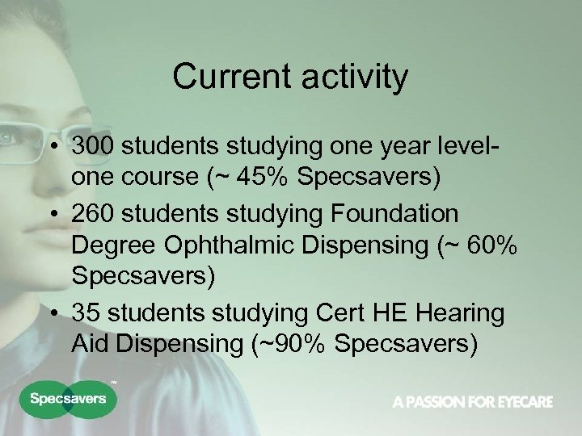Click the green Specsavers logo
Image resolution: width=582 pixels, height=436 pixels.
click(69, 399)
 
